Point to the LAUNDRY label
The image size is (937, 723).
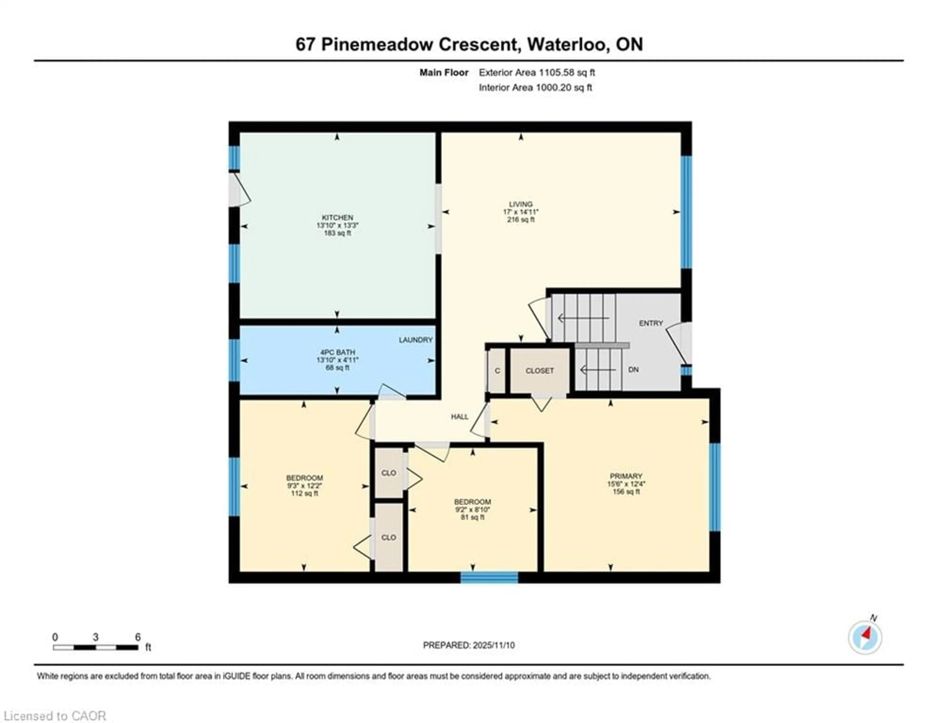(x=415, y=340)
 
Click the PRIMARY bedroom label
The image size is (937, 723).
(x=626, y=476)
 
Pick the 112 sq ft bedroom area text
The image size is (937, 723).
(x=304, y=493)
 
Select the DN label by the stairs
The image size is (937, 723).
(x=633, y=370)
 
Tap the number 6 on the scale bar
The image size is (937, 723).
(x=138, y=637)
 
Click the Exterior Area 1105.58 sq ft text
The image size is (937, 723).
(x=537, y=72)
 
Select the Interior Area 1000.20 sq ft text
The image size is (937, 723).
(x=535, y=88)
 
